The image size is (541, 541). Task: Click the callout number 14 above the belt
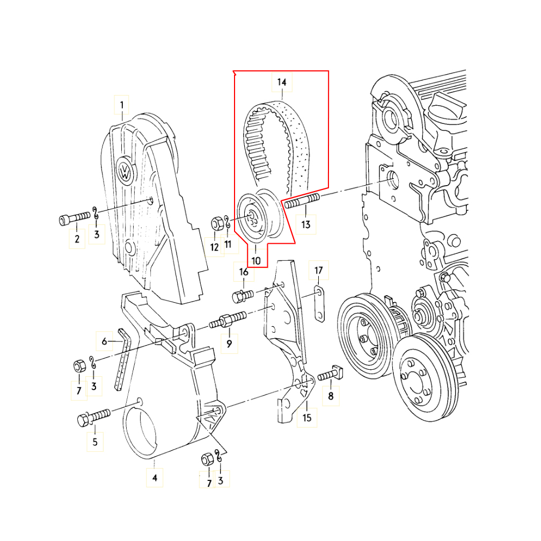pyautogui.click(x=282, y=82)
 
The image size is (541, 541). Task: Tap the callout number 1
pyautogui.click(x=121, y=105)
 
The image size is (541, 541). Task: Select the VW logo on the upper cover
pyautogui.click(x=125, y=171)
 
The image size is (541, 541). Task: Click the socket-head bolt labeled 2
pyautogui.click(x=75, y=218)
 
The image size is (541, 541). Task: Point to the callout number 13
pyautogui.click(x=306, y=224)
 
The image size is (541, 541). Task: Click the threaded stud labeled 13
pyautogui.click(x=302, y=201)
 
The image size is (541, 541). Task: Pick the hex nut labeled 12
pyautogui.click(x=217, y=224)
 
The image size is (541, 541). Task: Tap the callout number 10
pyautogui.click(x=255, y=260)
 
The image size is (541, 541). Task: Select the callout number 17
pyautogui.click(x=318, y=270)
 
